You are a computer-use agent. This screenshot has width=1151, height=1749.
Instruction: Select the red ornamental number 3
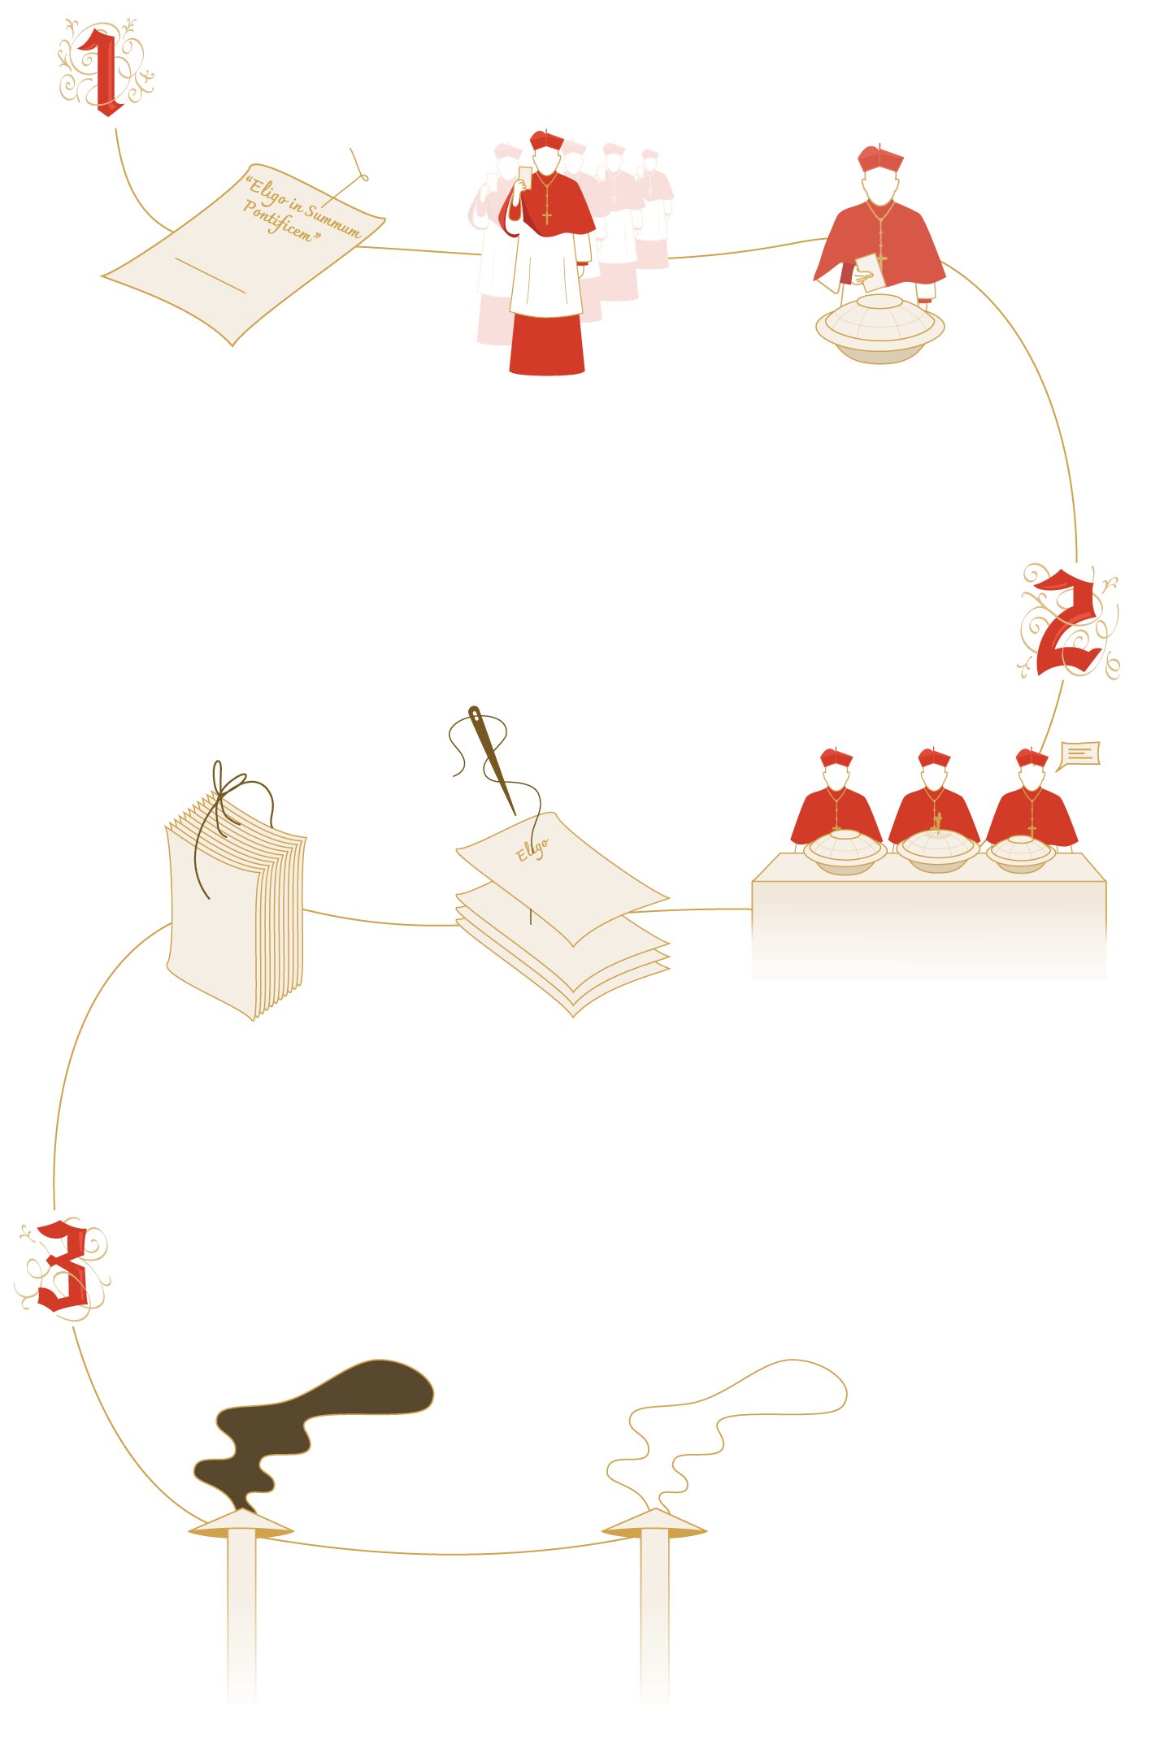click(63, 1265)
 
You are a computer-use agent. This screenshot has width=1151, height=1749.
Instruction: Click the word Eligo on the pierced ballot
click(532, 849)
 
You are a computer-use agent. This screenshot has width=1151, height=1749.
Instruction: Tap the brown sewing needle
click(492, 760)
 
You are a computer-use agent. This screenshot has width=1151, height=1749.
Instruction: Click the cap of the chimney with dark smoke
click(241, 1525)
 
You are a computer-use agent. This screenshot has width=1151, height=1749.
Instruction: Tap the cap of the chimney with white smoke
click(654, 1525)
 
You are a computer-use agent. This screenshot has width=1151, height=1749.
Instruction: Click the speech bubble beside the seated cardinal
click(1079, 755)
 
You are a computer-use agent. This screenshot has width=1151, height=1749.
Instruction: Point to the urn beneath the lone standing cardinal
click(880, 328)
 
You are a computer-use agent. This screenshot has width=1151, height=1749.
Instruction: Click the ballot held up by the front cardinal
click(525, 178)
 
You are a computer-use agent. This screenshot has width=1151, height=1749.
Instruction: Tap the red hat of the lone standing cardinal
click(880, 158)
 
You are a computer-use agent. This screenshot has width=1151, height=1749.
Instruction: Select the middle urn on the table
click(937, 851)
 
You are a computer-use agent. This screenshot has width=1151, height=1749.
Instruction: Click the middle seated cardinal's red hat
click(934, 758)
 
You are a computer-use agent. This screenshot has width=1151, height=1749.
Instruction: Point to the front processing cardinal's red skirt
click(547, 344)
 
